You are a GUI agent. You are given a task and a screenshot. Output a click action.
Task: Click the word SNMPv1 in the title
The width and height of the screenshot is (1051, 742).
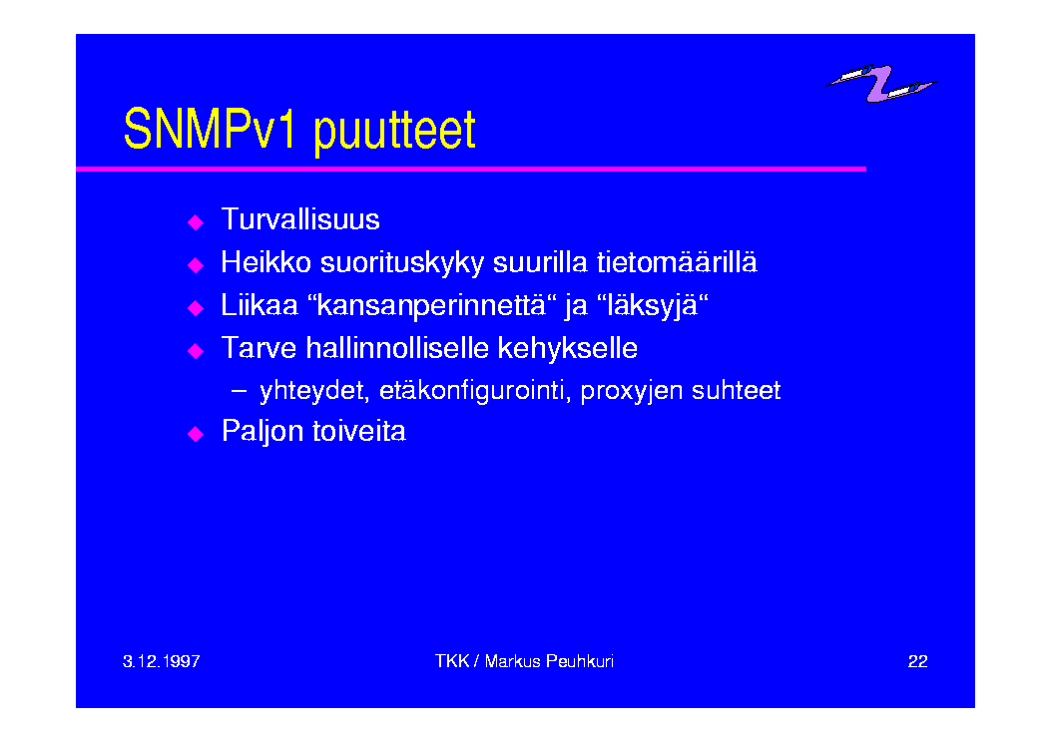(210, 129)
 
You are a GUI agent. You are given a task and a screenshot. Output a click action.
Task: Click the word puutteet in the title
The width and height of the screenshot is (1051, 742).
(395, 132)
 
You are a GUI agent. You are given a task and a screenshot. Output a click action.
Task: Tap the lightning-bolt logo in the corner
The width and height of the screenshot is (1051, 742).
(881, 83)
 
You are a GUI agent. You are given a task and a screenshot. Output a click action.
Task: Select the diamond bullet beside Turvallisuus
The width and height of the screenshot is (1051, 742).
(196, 222)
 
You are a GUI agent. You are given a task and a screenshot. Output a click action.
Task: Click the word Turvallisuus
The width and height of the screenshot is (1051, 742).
(300, 219)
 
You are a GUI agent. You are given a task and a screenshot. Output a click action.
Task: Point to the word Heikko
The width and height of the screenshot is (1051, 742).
(266, 262)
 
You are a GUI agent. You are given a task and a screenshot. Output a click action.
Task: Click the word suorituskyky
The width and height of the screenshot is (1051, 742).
(402, 263)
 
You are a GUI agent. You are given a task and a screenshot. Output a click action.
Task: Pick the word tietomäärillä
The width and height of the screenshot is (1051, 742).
(677, 262)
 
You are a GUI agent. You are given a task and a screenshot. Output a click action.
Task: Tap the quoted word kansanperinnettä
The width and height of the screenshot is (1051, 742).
(432, 306)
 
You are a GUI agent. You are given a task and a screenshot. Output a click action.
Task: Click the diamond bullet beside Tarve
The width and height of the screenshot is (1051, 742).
(196, 351)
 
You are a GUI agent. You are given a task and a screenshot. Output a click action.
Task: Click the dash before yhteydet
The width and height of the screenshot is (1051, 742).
(240, 391)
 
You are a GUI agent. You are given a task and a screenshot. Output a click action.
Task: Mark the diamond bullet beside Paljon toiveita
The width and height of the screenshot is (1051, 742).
(196, 434)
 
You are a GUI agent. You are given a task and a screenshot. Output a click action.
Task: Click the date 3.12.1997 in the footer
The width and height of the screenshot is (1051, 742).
(162, 661)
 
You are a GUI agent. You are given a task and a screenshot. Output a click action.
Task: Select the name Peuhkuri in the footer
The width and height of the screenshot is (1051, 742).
(580, 661)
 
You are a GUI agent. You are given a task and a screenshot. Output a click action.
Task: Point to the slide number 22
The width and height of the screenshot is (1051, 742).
(917, 661)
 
